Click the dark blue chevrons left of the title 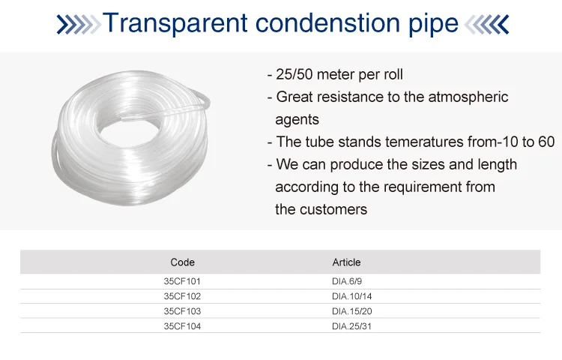[79, 25]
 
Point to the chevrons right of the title [487, 25]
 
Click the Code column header [182, 262]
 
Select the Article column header [346, 262]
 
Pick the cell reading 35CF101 [182, 281]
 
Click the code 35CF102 [182, 296]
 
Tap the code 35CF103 [182, 311]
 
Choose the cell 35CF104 [182, 326]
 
